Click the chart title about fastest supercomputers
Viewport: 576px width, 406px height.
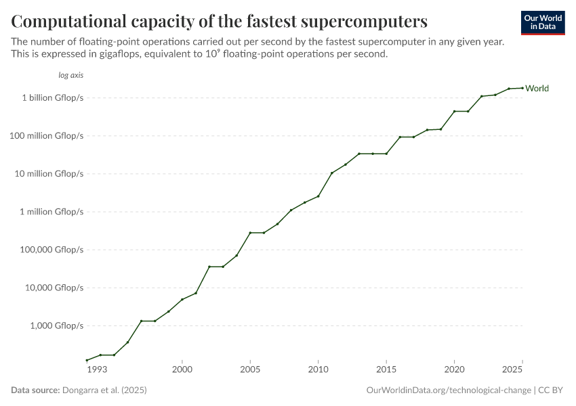pos(219,21)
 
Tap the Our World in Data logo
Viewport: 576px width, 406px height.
pos(542,22)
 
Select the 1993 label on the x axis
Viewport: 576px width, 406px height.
pos(97,369)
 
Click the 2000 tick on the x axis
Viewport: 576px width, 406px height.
pos(182,369)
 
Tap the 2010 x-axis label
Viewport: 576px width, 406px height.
pos(318,369)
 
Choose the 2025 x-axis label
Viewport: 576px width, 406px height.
pos(512,369)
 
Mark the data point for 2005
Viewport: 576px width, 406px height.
pos(250,233)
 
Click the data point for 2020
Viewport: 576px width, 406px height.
pos(454,111)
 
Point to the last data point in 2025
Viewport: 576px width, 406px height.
pos(522,88)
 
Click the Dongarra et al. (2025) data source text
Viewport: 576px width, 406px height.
pos(104,390)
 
